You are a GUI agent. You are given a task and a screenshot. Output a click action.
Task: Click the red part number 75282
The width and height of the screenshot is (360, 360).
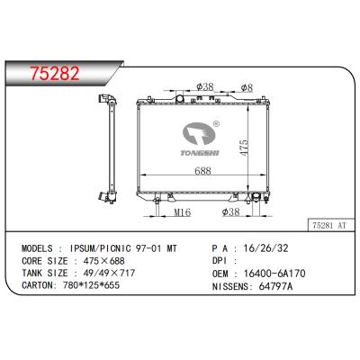point(56,73)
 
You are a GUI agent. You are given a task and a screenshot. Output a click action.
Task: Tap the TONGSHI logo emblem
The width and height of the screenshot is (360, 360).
point(199,134)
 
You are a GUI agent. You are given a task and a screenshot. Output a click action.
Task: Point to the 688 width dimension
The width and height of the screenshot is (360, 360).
point(202,171)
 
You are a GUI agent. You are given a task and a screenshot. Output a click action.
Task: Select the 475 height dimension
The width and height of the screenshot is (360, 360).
point(244,147)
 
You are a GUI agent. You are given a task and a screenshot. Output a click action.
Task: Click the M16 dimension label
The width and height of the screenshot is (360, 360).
point(183,212)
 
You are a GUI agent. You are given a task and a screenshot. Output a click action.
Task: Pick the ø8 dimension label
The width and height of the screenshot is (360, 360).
point(247,87)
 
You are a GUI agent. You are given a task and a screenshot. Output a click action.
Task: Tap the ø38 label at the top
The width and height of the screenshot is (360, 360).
point(205,87)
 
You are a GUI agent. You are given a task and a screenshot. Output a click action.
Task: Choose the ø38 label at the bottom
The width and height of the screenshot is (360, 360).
point(230,212)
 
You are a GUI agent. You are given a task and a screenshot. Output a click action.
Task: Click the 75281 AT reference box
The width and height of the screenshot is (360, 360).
point(329,225)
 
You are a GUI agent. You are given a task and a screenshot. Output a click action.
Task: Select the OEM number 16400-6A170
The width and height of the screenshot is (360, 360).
point(274,274)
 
